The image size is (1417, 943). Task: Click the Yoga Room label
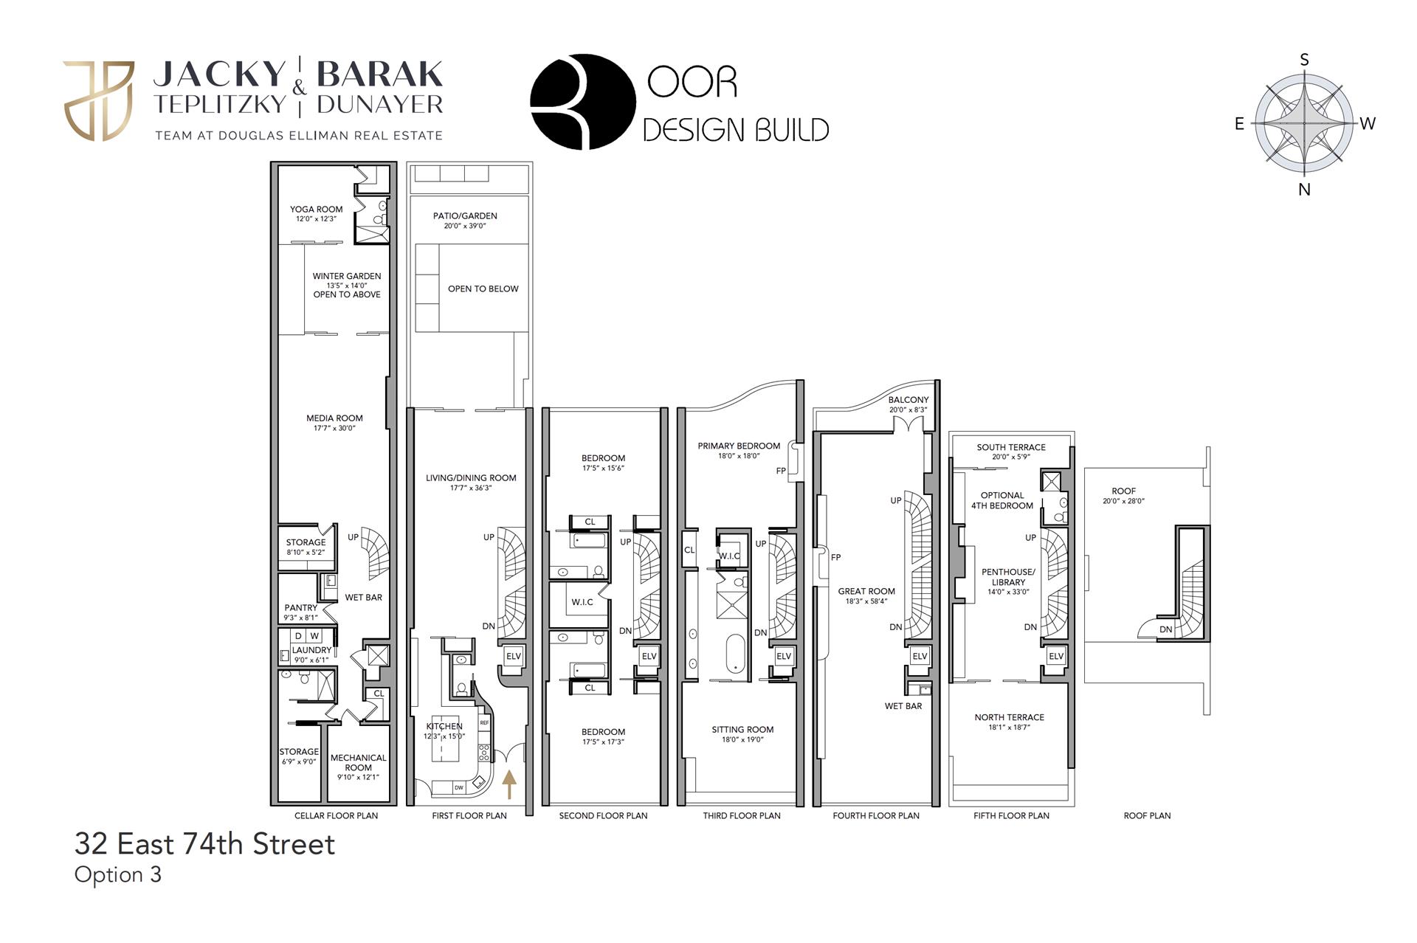316,213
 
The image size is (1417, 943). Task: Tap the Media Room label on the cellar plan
334,422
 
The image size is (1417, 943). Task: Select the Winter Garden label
347,285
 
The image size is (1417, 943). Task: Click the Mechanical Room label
358,767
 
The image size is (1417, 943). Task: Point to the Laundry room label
311,654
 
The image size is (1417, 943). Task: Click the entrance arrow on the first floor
509,784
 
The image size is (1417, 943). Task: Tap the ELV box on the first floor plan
513,656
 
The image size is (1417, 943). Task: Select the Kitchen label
444,730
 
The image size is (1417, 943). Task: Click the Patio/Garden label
465,220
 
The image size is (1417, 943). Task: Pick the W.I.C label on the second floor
582,602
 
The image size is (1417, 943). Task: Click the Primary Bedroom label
739,450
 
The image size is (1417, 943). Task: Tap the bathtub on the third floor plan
736,654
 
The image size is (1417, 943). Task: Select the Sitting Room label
742,733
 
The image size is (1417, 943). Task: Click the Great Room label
866,595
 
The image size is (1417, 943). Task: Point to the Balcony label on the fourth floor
909,404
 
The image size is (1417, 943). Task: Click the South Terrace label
1011,451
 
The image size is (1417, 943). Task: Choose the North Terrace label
1009,721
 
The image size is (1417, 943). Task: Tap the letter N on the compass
1304,190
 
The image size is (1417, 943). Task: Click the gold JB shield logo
99,101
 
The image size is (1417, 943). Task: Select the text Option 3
118,874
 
